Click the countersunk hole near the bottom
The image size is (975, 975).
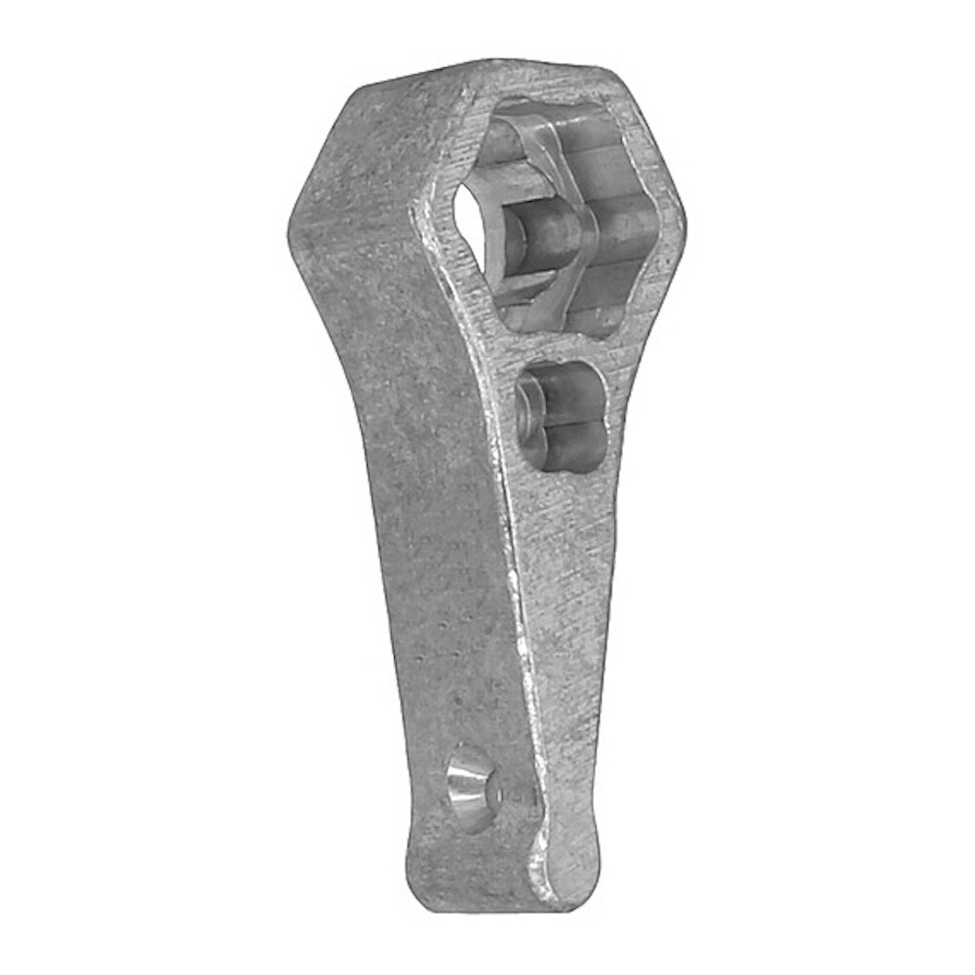pos(471,788)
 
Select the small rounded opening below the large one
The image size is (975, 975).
pos(561,413)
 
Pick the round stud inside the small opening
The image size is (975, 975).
pos(534,405)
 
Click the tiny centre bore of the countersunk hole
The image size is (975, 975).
pos(480,792)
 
